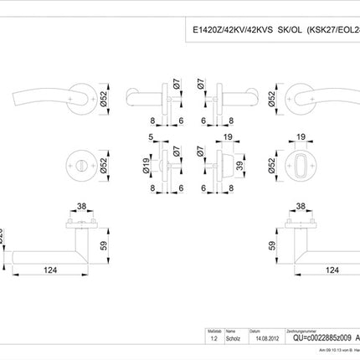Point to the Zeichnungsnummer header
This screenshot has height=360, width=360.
pyautogui.click(x=301, y=332)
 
